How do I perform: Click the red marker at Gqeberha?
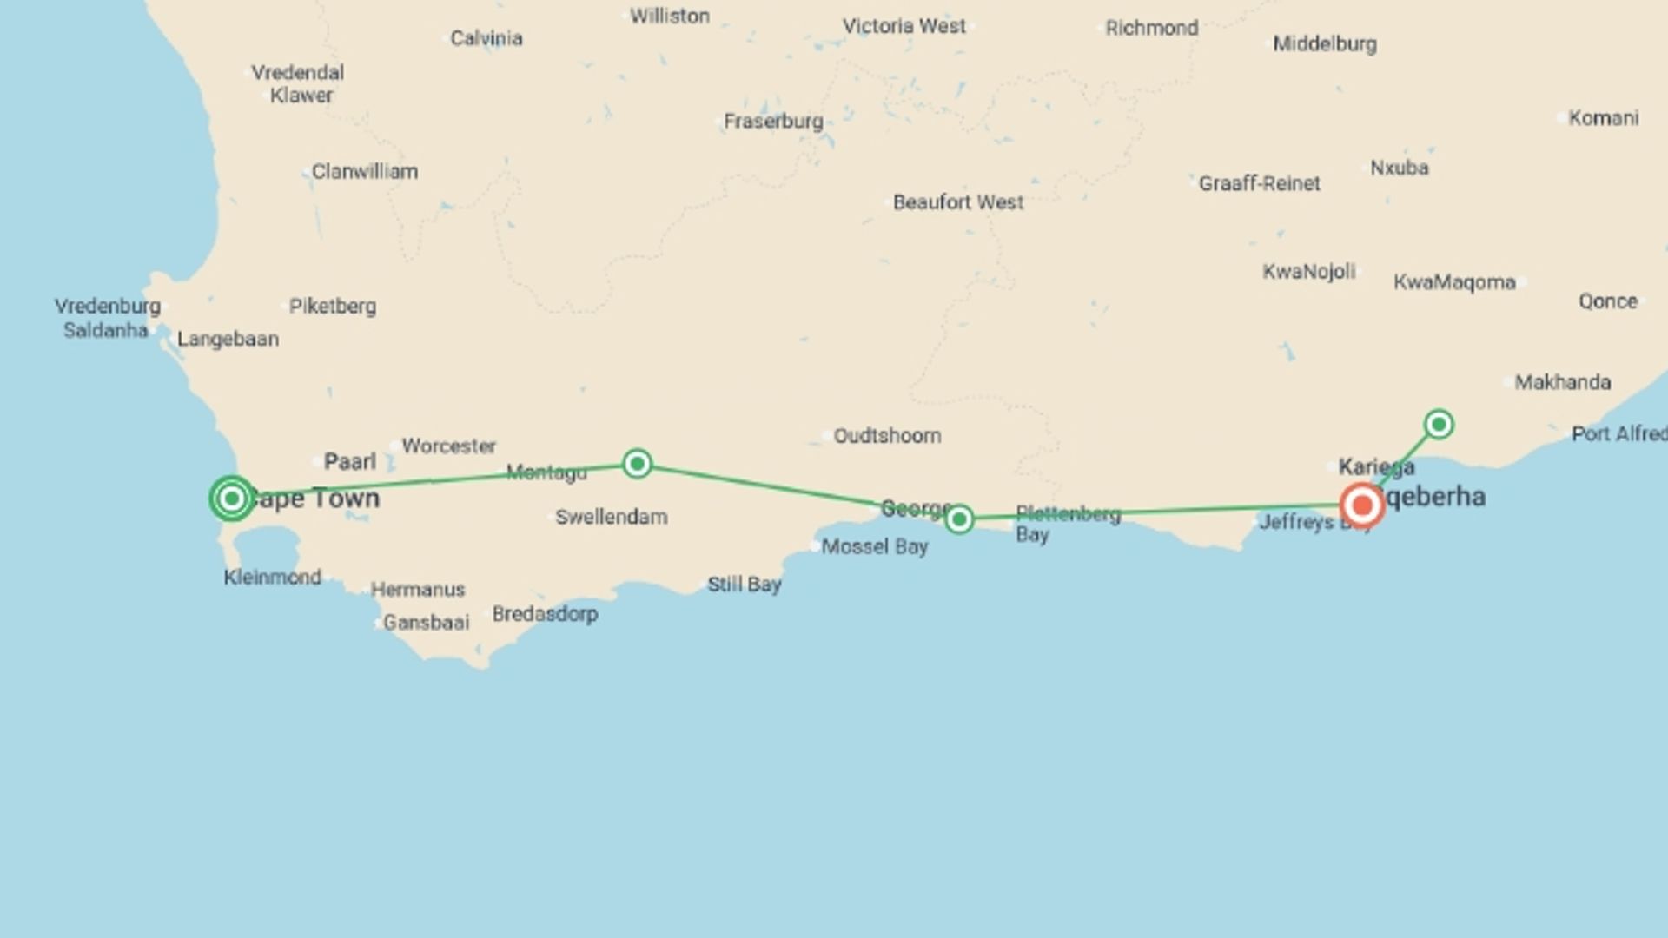[1361, 505]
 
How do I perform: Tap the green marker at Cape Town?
[232, 499]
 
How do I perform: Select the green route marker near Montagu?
[637, 464]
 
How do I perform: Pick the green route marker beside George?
[959, 519]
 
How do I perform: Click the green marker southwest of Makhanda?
[1439, 425]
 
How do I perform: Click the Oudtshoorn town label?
[886, 435]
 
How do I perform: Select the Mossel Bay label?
[874, 546]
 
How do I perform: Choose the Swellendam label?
[611, 517]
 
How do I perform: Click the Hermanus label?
[417, 589]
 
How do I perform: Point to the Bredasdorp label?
[545, 614]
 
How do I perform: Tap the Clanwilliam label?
[364, 171]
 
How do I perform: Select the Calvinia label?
[486, 38]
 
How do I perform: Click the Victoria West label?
[903, 26]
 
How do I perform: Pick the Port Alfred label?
[1618, 433]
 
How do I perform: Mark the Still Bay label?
[744, 585]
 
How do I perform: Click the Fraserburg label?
[772, 121]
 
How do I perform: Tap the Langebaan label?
[228, 339]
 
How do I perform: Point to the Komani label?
[1603, 117]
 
